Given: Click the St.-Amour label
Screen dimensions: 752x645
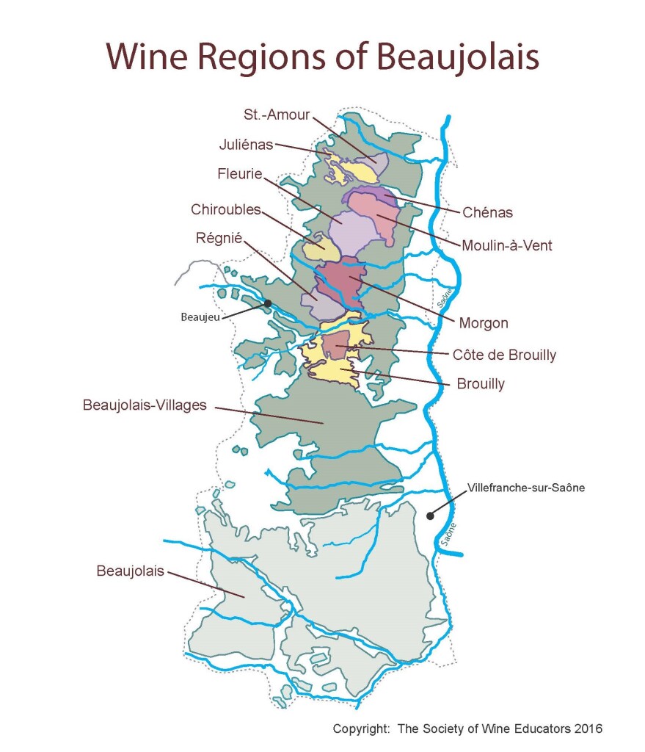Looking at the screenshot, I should click(277, 115).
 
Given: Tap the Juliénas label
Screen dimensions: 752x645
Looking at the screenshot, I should click(246, 145).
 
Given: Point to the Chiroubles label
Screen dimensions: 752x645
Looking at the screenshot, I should click(226, 209).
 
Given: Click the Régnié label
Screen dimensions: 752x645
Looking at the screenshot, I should click(219, 238).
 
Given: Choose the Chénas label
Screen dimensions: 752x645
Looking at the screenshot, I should click(487, 213).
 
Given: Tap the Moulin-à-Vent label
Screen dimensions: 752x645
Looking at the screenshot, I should click(506, 245).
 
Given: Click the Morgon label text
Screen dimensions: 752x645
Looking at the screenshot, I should click(483, 322).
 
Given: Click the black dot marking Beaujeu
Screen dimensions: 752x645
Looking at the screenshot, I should click(268, 303).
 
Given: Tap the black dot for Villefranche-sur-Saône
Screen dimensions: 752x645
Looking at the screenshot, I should click(430, 515).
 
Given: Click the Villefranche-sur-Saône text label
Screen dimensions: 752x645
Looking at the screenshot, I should click(525, 487).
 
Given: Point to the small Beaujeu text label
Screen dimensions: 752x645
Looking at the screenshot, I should click(199, 317).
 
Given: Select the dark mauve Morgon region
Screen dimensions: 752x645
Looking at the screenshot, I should click(340, 283).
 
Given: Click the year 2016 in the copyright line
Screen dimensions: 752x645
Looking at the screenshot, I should click(588, 728).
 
